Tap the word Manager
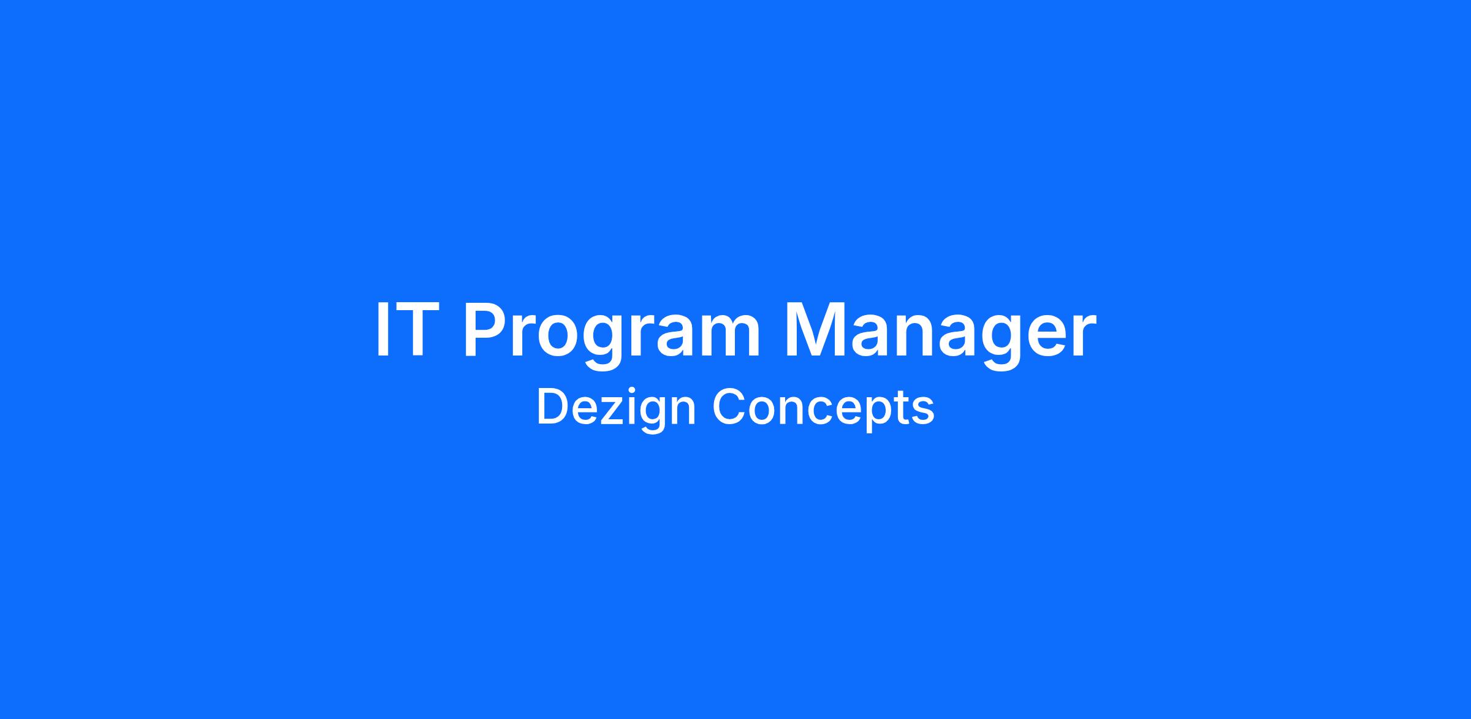(x=940, y=337)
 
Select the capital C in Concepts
(x=729, y=406)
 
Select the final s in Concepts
(x=923, y=411)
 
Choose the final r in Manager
(x=1082, y=337)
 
